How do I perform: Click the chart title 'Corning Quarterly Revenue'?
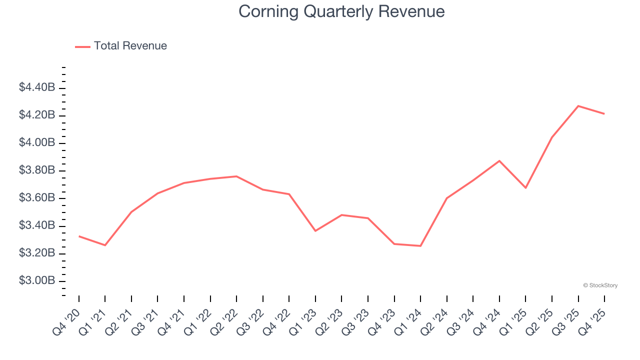coord(341,11)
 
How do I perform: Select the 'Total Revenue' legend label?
coord(130,46)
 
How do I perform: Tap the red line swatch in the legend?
coord(82,46)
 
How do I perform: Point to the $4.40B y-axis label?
coord(37,87)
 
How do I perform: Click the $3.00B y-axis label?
coord(37,280)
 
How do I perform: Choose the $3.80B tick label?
coord(37,170)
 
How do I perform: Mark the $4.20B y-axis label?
coord(37,115)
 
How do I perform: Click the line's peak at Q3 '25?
coord(578,106)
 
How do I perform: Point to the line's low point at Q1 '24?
coord(420,246)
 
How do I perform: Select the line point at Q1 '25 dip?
coord(525,188)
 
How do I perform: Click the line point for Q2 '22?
coord(236,176)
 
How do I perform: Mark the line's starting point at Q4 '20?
coord(79,236)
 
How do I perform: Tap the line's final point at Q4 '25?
coord(604,114)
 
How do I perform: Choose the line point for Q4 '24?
coord(499,161)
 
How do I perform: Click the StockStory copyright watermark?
coord(600,285)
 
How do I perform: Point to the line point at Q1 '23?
coord(315,231)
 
